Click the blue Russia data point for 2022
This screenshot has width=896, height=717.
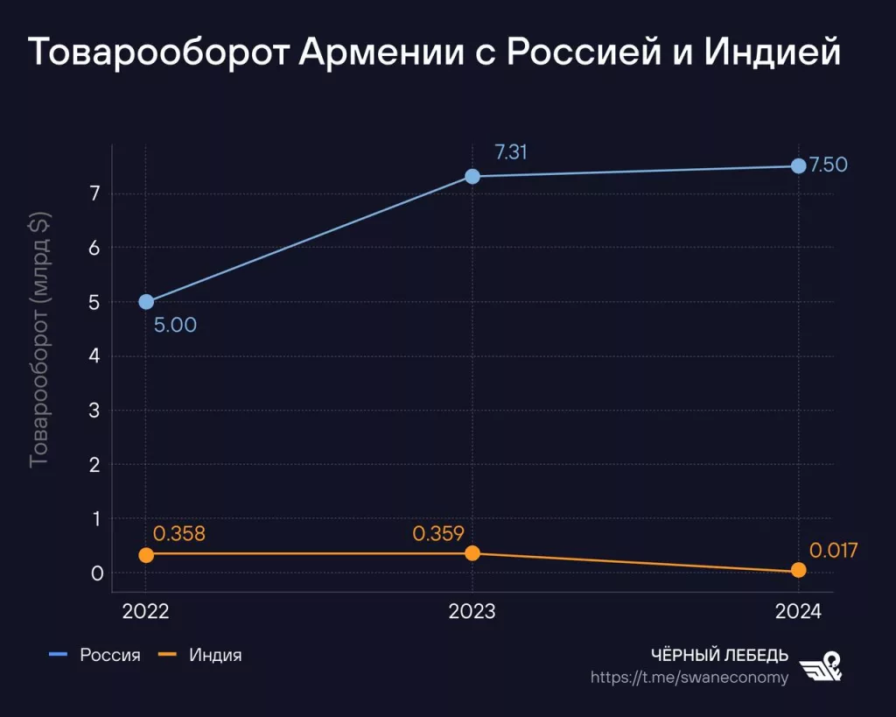146,302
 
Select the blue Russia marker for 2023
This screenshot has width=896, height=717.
472,176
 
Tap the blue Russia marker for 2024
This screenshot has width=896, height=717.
798,166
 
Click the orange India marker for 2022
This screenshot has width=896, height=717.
146,554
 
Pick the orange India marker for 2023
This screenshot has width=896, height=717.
472,552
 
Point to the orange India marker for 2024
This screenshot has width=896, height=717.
798,570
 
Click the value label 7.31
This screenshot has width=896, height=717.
511,152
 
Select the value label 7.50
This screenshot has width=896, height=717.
828,165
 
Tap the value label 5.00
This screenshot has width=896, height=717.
175,326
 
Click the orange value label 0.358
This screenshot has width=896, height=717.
178,534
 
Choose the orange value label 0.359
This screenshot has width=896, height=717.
437,533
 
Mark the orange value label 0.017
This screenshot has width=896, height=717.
833,551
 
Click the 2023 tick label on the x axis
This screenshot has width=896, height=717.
472,612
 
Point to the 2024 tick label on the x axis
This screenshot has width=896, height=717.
798,612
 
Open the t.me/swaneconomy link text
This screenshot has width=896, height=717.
689,677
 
